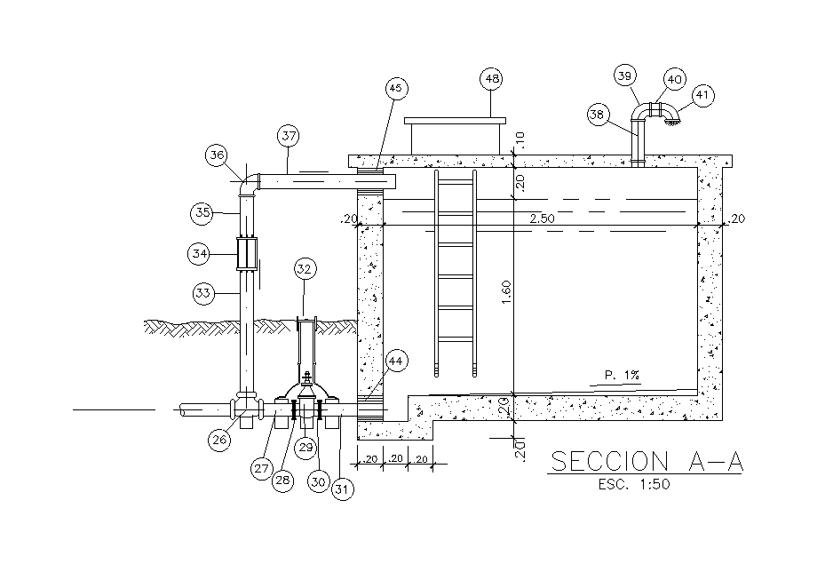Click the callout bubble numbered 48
click(491, 79)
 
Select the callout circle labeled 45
click(396, 88)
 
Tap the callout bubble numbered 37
click(288, 137)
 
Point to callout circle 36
click(218, 155)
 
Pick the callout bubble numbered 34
click(200, 253)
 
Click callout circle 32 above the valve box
click(305, 268)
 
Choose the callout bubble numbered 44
click(396, 361)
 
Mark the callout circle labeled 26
click(219, 437)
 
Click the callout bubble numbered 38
click(599, 114)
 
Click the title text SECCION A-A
click(647, 462)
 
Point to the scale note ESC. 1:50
click(633, 485)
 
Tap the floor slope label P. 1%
click(622, 376)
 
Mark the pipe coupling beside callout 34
click(246, 254)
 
